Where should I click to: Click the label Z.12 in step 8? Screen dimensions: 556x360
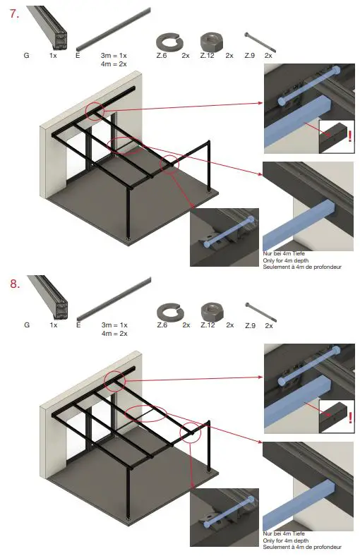click(x=208, y=325)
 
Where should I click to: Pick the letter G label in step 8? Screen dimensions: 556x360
click(x=26, y=325)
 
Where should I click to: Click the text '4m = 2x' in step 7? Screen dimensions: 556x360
click(x=114, y=64)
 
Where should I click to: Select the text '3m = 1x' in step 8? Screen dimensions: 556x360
click(x=114, y=325)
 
